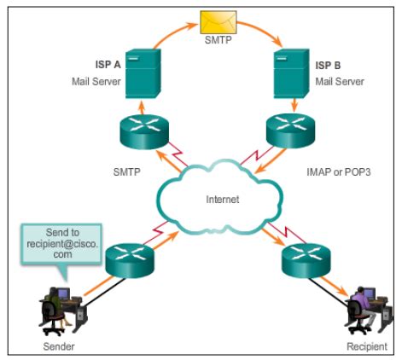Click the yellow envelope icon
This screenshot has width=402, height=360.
[218, 22]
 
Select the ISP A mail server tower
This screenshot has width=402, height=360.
[143, 73]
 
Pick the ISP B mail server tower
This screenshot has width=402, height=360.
[291, 73]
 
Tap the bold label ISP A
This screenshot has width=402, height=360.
[108, 65]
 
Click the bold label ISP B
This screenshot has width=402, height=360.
[328, 66]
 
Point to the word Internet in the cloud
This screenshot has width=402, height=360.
[223, 200]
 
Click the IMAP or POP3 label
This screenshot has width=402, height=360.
[339, 172]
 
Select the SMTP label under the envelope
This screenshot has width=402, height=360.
[218, 39]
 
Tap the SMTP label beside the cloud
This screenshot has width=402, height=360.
[126, 172]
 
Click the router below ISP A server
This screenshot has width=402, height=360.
[144, 131]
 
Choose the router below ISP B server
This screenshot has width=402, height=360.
[290, 131]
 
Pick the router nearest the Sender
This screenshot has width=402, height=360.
[130, 261]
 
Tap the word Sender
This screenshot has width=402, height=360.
[59, 346]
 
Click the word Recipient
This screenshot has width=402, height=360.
[367, 346]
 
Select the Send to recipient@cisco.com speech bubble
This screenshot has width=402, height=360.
[61, 244]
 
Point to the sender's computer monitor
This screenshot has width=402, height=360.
[63, 293]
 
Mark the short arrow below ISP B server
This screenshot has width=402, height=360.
[294, 105]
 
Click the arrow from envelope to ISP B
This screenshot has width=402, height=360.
[263, 31]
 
